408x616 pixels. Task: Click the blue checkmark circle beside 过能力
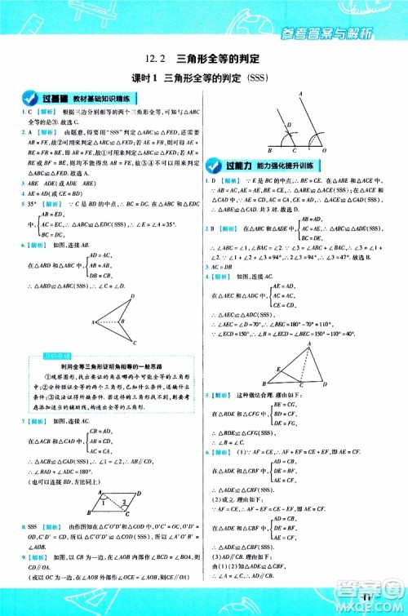(x=217, y=163)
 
